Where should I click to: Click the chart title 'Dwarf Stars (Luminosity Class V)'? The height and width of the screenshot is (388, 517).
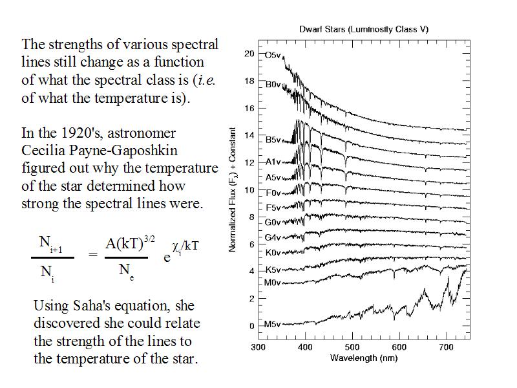click(364, 29)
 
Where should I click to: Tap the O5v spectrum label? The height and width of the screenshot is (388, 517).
click(273, 55)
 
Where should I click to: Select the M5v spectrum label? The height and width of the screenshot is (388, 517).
click(272, 324)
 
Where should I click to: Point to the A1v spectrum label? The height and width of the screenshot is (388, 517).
click(273, 162)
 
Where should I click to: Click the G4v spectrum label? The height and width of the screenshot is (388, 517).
click(273, 237)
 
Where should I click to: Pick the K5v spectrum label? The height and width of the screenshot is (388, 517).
click(273, 270)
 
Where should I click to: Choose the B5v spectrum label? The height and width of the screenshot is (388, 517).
click(273, 140)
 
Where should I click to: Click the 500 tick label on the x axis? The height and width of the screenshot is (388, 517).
click(352, 347)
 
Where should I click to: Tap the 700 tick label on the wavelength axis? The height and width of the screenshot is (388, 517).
click(447, 347)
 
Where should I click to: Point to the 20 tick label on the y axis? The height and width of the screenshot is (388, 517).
click(249, 54)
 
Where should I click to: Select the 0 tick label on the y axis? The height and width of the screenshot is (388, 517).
click(252, 326)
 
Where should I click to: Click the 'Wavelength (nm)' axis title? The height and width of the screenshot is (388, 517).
click(364, 358)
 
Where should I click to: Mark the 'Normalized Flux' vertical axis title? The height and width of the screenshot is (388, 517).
click(233, 189)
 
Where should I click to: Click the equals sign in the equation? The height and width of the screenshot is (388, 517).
click(93, 255)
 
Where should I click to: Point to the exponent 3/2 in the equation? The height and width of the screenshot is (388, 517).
click(149, 239)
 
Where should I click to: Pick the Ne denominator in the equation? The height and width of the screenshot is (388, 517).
click(126, 271)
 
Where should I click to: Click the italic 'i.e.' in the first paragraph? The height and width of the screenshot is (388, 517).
click(205, 80)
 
